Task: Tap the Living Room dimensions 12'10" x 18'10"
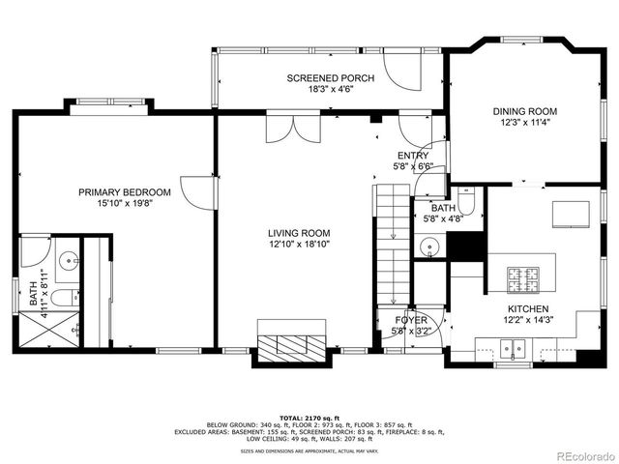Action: tap(299, 245)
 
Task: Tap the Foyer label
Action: tap(410, 320)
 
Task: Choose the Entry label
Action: tap(412, 156)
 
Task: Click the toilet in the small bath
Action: tap(466, 206)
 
